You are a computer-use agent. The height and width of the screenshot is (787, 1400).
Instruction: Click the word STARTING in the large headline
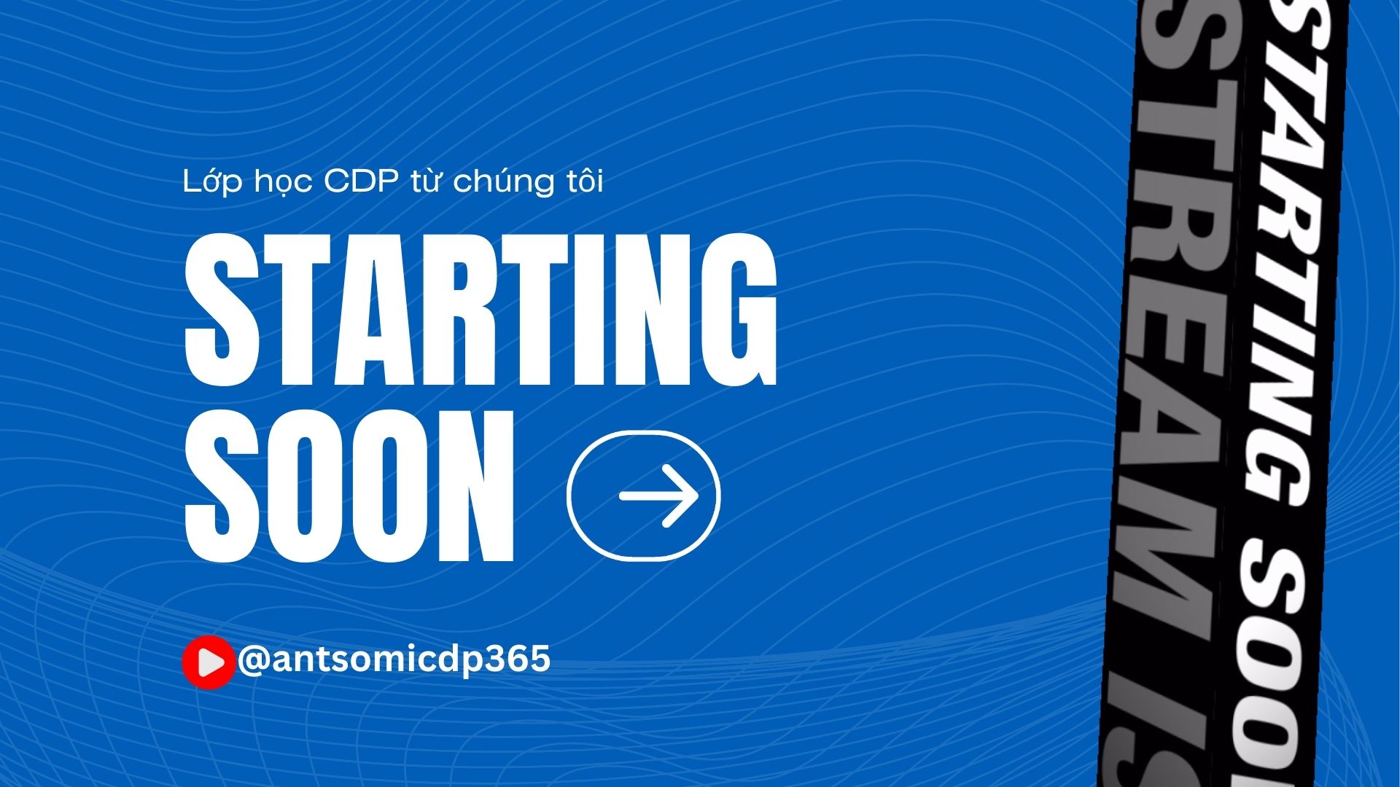tap(481, 310)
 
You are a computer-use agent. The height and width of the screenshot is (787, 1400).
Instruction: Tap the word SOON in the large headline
tap(350, 486)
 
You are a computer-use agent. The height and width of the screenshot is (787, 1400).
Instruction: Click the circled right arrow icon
tap(644, 496)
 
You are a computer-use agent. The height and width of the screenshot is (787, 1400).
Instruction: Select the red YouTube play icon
tap(209, 662)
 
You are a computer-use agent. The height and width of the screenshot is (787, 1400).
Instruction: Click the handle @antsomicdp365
tap(394, 660)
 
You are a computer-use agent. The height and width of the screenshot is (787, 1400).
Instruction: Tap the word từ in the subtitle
tap(425, 180)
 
